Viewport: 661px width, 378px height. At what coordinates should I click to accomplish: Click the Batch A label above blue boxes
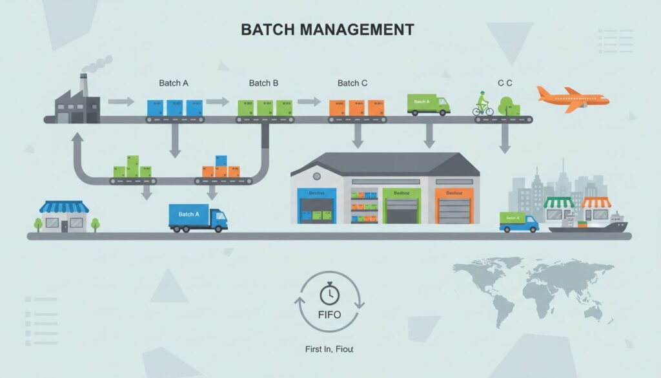click(x=174, y=83)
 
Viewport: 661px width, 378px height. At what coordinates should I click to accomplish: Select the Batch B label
click(x=263, y=83)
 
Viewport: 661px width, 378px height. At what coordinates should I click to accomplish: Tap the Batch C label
click(x=352, y=83)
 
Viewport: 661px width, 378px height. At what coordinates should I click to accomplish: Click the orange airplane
click(x=572, y=99)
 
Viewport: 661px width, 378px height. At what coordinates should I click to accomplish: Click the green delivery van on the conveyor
click(x=427, y=104)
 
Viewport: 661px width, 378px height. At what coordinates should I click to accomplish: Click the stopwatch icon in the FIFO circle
click(x=329, y=295)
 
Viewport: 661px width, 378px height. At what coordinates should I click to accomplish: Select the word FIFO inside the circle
click(x=329, y=316)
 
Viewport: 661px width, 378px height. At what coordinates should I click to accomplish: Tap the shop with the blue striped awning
click(x=64, y=216)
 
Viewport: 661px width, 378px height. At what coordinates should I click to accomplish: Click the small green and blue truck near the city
click(x=518, y=222)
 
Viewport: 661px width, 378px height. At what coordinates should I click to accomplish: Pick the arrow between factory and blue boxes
click(x=121, y=101)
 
